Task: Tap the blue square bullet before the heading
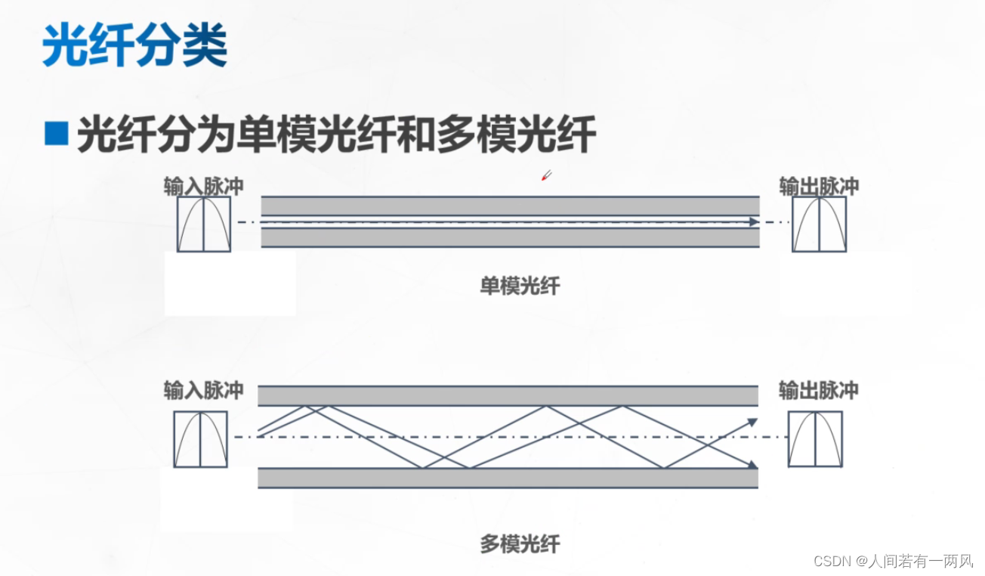pos(57,134)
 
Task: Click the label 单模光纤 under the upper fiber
pos(520,286)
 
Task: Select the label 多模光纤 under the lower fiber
pos(520,544)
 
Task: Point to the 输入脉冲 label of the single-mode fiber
pos(204,187)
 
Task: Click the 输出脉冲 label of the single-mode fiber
pos(819,187)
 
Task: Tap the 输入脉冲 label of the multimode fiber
pos(204,390)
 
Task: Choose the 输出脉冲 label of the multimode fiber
pos(819,390)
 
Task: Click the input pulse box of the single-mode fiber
pos(204,225)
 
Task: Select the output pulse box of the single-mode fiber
pos(819,225)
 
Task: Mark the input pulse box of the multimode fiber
pos(201,439)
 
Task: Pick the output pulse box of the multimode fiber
pos(815,439)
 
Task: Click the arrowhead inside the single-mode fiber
pos(753,222)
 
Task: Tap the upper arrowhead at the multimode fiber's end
pos(752,421)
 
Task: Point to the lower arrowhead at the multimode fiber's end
pos(752,464)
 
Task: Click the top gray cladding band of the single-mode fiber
pos(510,206)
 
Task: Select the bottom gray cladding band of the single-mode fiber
pos(510,238)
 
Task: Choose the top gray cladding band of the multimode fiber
pos(508,396)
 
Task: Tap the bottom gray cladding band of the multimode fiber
pos(508,478)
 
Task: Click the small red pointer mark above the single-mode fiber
pos(546,176)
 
